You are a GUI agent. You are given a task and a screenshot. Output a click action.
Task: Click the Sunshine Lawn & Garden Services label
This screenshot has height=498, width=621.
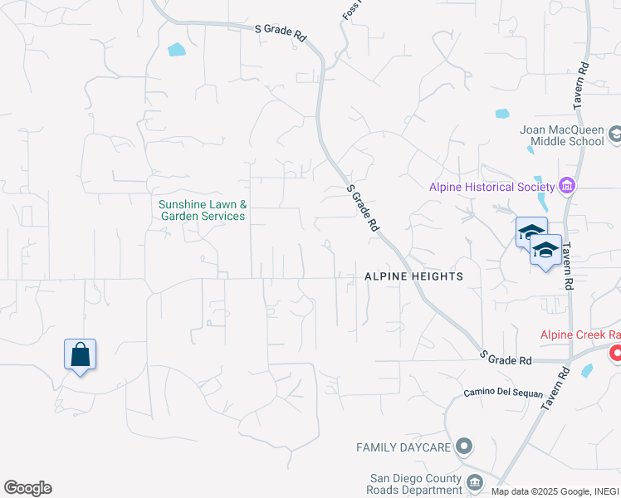(x=203, y=210)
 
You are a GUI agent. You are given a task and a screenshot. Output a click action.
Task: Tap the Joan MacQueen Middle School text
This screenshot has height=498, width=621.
(x=561, y=135)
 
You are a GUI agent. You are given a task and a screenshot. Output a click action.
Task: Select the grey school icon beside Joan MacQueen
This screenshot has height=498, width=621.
(x=615, y=133)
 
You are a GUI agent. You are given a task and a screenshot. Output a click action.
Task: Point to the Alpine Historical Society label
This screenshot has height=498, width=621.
(x=491, y=187)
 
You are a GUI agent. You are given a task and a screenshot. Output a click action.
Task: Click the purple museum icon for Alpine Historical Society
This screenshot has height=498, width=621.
(x=568, y=185)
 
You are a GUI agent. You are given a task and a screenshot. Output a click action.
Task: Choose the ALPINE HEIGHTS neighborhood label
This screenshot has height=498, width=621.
(x=413, y=276)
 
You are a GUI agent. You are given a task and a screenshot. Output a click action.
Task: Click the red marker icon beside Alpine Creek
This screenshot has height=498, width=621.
(x=616, y=354)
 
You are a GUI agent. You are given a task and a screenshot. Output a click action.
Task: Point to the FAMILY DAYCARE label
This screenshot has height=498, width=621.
(x=403, y=447)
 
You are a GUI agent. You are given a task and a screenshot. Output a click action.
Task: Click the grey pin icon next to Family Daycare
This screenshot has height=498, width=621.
(x=464, y=447)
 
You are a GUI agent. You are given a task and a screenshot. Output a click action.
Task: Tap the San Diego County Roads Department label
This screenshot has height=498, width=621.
(x=415, y=484)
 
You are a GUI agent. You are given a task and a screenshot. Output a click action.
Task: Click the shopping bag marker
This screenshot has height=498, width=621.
(x=81, y=354)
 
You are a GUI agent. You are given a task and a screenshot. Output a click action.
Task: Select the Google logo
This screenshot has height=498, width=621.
(x=27, y=488)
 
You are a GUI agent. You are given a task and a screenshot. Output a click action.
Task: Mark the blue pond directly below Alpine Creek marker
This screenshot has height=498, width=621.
(x=588, y=370)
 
